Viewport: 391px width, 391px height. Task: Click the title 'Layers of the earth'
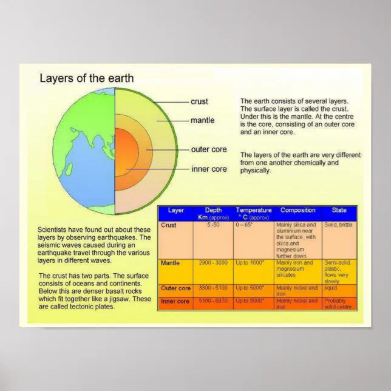tap(86, 78)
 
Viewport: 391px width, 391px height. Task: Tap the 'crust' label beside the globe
tap(199, 101)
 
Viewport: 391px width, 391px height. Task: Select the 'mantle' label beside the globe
tap(202, 120)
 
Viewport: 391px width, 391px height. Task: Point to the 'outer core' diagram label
tap(209, 149)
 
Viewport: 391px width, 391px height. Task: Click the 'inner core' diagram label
tap(209, 169)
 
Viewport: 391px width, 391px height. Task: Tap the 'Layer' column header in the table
tap(175, 211)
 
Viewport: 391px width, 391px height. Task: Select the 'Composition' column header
tap(297, 210)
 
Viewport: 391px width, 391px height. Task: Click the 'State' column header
tap(339, 210)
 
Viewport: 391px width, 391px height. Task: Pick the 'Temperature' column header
tap(253, 210)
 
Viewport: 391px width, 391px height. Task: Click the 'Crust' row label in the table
tap(169, 225)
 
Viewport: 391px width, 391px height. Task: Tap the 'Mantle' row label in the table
tap(171, 263)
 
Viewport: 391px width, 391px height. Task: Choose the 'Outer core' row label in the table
tap(175, 288)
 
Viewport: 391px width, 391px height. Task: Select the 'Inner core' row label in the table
tap(175, 301)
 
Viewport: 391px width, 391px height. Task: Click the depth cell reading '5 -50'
tap(213, 225)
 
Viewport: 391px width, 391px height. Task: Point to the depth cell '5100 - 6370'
tap(213, 301)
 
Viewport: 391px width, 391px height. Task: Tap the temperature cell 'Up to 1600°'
tap(250, 263)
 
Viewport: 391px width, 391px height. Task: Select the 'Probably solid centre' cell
tap(338, 304)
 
